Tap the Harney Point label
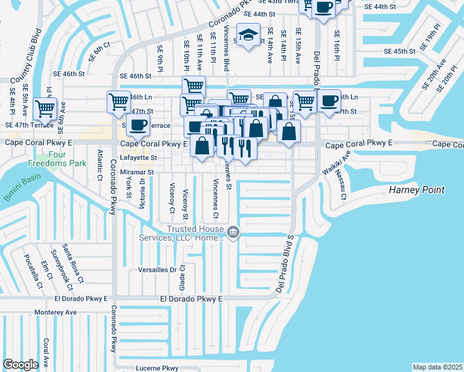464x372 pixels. (x=417, y=189)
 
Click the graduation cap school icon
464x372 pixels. (x=249, y=35)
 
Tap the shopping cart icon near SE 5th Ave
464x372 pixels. (x=45, y=109)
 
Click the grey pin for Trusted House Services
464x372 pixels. (x=233, y=233)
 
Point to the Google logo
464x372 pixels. (x=20, y=365)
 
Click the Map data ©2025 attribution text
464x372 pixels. (x=437, y=367)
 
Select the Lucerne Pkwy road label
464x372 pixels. (x=157, y=368)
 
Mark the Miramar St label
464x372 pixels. (x=136, y=172)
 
